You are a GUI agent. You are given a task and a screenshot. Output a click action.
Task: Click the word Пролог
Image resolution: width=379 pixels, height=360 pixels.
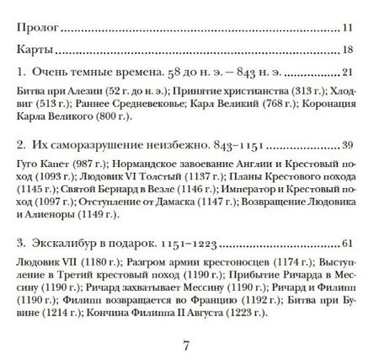[39, 28]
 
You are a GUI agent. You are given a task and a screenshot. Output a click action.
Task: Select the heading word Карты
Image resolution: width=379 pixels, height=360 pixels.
[36, 49]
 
